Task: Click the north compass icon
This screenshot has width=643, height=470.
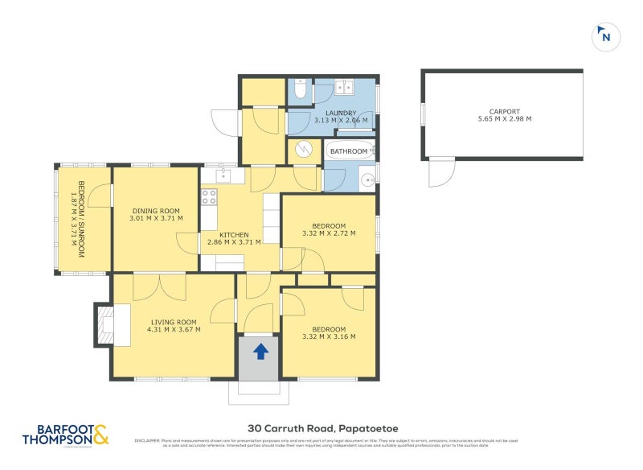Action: point(605,36)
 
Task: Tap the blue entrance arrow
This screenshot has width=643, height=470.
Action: point(260,351)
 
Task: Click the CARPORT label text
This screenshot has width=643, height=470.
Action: point(505,112)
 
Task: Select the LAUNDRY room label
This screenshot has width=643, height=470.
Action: point(340,113)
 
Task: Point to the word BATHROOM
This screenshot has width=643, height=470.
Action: point(349,151)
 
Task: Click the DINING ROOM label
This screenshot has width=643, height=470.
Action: point(156,211)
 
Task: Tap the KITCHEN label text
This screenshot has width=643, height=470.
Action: point(240,235)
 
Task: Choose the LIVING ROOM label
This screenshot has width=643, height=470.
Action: point(174,323)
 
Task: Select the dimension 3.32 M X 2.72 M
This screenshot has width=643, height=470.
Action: point(328,233)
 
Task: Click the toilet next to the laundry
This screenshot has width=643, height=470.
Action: point(300,90)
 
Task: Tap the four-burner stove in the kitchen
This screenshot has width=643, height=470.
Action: point(209,196)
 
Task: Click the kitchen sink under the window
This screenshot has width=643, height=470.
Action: point(223,176)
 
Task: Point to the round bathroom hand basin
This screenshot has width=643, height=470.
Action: point(366,179)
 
